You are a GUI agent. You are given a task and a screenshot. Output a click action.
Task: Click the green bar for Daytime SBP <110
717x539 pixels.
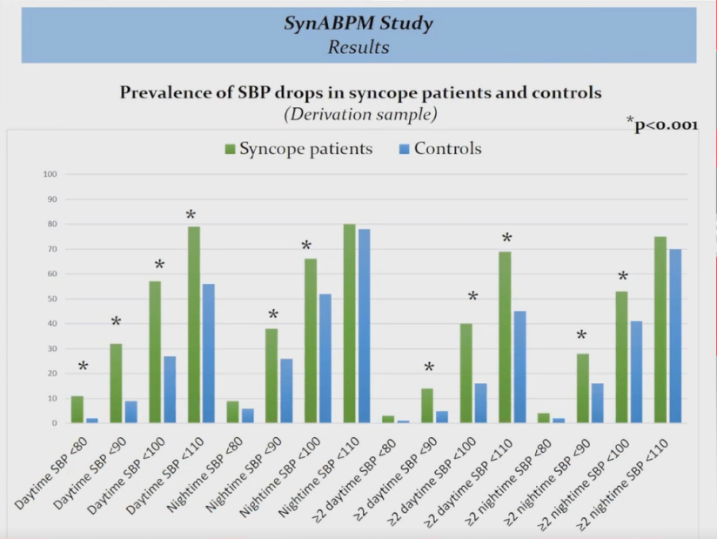[193, 325]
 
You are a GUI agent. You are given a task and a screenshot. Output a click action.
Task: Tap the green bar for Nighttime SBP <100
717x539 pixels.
[310, 340]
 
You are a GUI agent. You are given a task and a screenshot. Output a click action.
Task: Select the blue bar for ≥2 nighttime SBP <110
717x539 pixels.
[675, 336]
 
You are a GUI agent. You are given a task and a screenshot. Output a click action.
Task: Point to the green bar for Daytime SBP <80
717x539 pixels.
[77, 409]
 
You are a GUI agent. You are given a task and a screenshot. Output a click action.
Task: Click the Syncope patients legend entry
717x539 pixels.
[298, 149]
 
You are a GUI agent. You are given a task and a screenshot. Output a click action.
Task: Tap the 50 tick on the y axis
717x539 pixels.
[51, 299]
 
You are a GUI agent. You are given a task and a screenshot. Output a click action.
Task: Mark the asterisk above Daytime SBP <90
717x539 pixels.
[116, 323]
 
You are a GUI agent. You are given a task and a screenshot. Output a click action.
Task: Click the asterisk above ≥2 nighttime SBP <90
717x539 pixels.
[581, 336]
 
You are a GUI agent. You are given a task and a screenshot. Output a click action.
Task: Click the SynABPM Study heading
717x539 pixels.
[358, 24]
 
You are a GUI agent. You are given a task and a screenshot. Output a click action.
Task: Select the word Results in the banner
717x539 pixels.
[358, 47]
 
